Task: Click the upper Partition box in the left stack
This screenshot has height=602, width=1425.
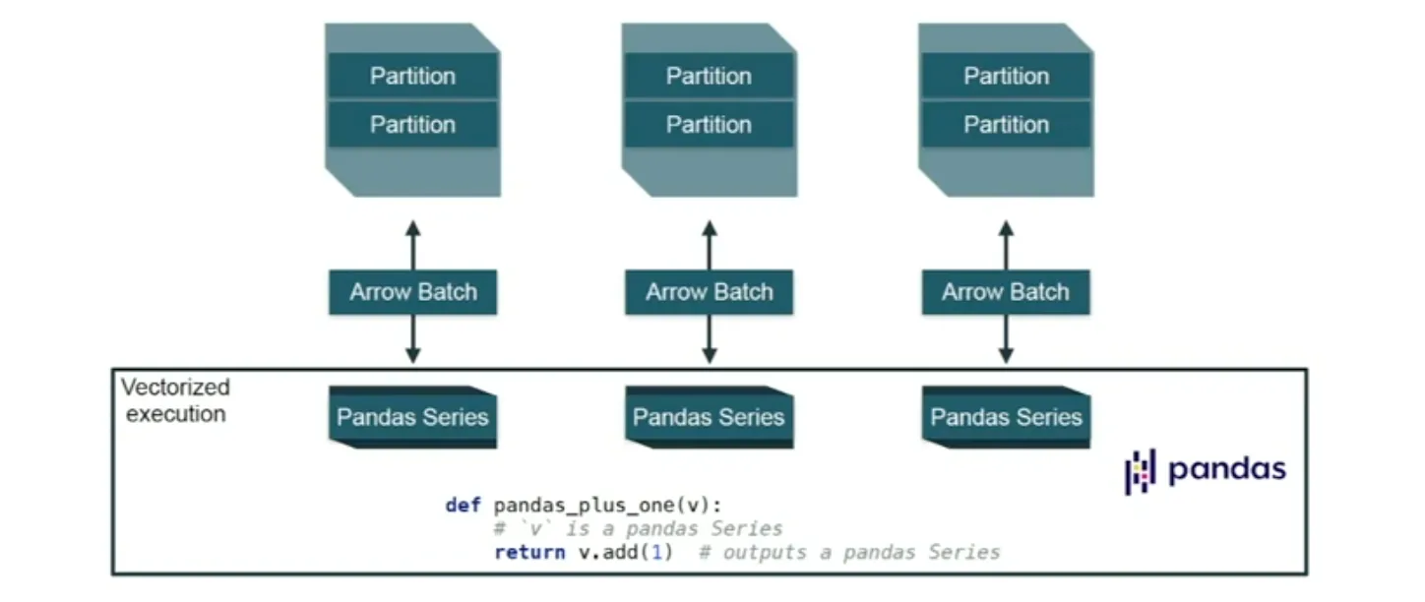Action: point(412,76)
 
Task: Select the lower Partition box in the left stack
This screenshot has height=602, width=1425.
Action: point(412,125)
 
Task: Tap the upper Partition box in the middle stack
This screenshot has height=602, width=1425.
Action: point(709,76)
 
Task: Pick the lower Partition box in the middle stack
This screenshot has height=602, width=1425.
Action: point(709,125)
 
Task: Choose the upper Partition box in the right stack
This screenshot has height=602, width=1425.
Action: point(1006,76)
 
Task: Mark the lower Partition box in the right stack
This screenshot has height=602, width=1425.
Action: point(1006,125)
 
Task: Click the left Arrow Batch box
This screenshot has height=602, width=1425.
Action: point(412,292)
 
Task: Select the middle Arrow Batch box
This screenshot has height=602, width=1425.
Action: point(709,292)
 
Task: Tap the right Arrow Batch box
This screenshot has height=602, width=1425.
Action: point(1006,292)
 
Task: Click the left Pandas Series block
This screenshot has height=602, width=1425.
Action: point(412,417)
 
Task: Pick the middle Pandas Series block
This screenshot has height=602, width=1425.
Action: point(709,417)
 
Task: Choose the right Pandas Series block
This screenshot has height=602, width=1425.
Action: point(1006,417)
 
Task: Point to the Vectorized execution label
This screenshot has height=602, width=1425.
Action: point(175,400)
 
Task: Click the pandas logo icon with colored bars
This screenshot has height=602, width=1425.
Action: point(1141,471)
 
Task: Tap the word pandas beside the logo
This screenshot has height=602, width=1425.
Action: point(1226,469)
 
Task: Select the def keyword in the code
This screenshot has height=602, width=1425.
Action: point(463,506)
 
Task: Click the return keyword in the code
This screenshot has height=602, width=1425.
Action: point(529,552)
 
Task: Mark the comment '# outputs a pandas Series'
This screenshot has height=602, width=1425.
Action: point(849,552)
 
